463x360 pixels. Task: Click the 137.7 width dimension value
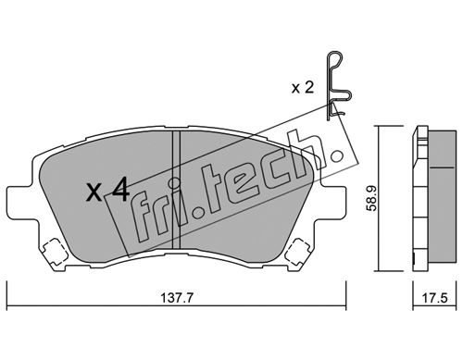(x=177, y=298)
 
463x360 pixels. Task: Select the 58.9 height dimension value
(x=371, y=198)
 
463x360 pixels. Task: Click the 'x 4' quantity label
(x=107, y=191)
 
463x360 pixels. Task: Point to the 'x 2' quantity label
(x=303, y=88)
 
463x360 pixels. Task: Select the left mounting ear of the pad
(x=22, y=201)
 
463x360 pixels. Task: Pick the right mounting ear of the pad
(x=333, y=201)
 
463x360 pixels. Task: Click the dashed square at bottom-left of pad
(x=55, y=251)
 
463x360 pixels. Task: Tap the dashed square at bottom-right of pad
(x=297, y=251)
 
